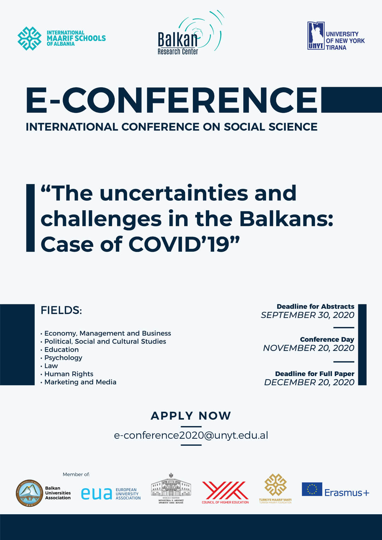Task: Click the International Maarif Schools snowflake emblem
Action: coord(29,38)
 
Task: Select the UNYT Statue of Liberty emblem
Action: coord(316,35)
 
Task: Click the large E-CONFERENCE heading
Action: coord(172,100)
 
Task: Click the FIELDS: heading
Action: coord(61,310)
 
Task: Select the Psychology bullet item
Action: coord(63,358)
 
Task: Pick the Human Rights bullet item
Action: coord(69,374)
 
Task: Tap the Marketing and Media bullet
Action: coord(80,382)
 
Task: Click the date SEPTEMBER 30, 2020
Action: coord(307,315)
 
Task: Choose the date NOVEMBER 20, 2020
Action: coord(308,348)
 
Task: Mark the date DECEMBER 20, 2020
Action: coord(309,382)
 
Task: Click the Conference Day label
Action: coord(327,339)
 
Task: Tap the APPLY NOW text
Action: coord(191,416)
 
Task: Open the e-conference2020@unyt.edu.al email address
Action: coord(191,435)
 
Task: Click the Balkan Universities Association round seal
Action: coord(29,493)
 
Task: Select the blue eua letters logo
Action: coord(97,493)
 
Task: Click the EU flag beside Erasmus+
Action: coord(312,489)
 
